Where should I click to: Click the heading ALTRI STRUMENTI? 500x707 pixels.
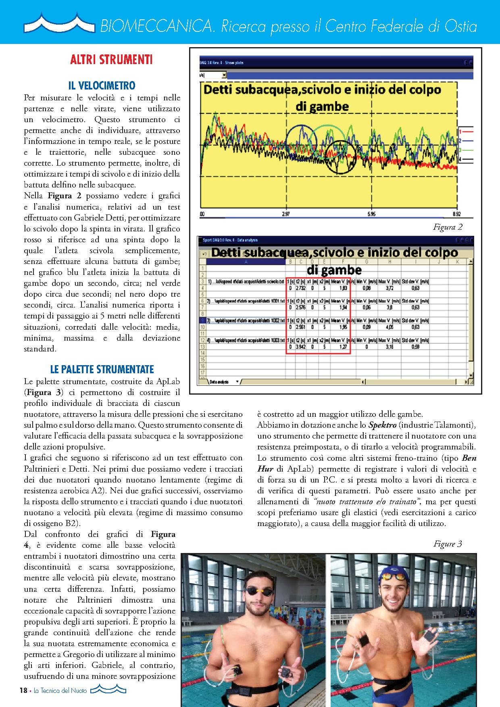[111, 60]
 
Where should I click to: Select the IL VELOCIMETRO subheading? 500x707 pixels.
[102, 85]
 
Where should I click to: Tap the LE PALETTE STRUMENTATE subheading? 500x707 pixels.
[102, 369]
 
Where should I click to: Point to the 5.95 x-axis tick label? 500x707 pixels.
[371, 214]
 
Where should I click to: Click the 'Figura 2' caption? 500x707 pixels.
[448, 227]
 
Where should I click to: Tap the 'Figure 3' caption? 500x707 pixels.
[448, 544]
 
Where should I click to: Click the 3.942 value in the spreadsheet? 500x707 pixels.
[300, 347]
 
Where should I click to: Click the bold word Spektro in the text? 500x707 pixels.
[381, 425]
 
